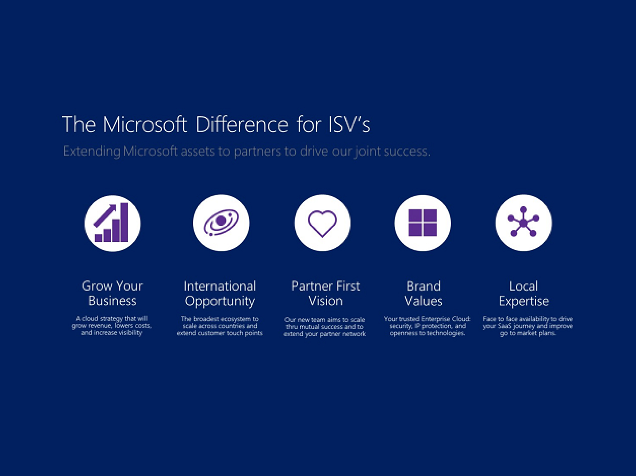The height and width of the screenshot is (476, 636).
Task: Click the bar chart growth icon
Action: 112,223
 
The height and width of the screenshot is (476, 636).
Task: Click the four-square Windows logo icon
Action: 423,223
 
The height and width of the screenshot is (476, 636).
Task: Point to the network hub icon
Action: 523,222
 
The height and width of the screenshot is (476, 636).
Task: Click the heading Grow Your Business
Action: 112,293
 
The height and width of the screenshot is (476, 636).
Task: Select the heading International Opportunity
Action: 220,293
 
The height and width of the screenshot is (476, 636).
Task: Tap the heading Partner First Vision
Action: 325,293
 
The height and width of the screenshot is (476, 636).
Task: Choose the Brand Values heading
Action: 423,293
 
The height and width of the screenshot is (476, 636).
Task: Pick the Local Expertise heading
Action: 524,293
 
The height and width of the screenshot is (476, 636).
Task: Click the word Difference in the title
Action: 242,125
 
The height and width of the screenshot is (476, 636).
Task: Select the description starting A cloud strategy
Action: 112,326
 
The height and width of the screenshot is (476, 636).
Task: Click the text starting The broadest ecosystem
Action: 220,326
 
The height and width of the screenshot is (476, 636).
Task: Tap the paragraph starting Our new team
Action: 325,327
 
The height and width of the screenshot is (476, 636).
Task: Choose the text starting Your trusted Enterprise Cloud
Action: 427,326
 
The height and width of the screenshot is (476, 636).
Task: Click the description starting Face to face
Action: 528,326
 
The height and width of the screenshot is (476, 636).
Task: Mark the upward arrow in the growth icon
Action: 105,215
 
